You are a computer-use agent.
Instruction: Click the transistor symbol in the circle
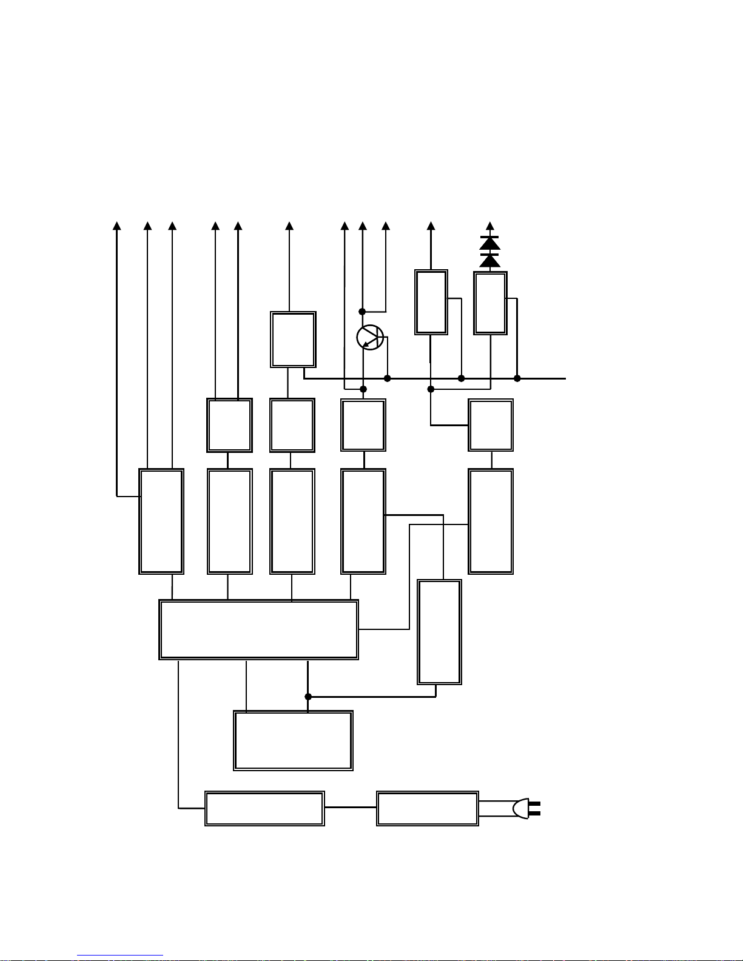[370, 338]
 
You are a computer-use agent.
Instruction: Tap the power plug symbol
[525, 808]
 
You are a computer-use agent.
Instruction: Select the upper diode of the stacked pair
[489, 243]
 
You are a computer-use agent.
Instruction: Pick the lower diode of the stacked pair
[489, 261]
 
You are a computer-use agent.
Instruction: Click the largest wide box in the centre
[258, 629]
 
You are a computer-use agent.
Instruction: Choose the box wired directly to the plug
[428, 808]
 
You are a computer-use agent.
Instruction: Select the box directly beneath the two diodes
[490, 303]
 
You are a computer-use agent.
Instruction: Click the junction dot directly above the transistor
[362, 312]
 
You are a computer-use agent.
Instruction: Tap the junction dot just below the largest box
[308, 697]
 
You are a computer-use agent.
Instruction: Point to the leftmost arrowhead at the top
[117, 226]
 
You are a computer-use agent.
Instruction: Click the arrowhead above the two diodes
[490, 226]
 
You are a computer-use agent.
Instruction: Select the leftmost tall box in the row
[161, 521]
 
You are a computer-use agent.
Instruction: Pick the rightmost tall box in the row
[491, 521]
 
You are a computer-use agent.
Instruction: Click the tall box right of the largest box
[440, 632]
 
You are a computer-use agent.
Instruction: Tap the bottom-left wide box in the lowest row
[264, 808]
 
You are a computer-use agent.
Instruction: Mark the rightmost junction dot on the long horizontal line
[517, 378]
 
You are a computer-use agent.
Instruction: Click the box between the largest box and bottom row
[293, 740]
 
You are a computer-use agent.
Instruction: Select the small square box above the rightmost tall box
[491, 425]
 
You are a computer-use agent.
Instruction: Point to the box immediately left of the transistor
[293, 340]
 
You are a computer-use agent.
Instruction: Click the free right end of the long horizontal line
[565, 378]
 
